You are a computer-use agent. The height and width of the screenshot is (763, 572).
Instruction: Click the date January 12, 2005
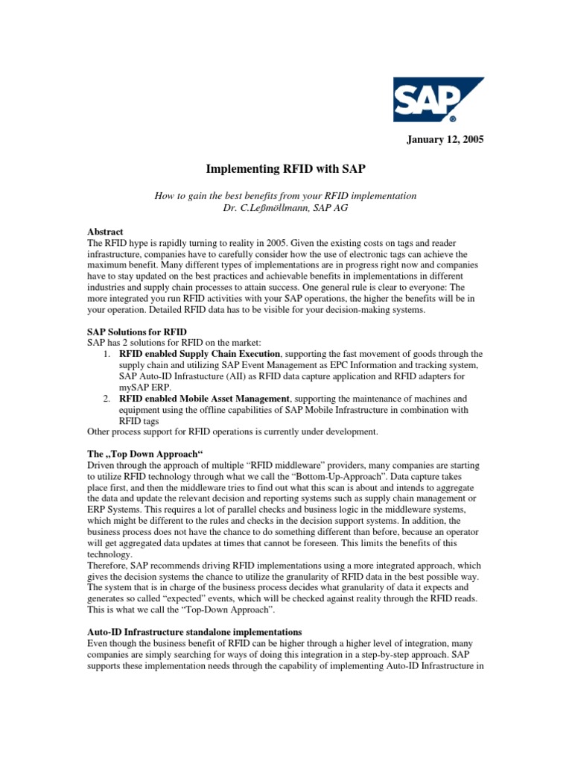click(x=444, y=140)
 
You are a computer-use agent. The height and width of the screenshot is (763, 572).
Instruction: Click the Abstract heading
click(x=105, y=232)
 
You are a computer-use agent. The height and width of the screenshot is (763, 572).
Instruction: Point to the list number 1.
click(x=108, y=353)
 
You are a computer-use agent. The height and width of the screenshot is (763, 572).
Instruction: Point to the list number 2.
click(x=108, y=399)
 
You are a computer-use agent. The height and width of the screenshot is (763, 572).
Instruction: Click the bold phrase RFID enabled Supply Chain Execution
click(x=200, y=353)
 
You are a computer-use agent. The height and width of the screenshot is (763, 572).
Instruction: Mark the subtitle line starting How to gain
click(x=285, y=195)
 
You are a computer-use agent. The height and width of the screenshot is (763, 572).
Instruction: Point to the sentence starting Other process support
click(x=233, y=431)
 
